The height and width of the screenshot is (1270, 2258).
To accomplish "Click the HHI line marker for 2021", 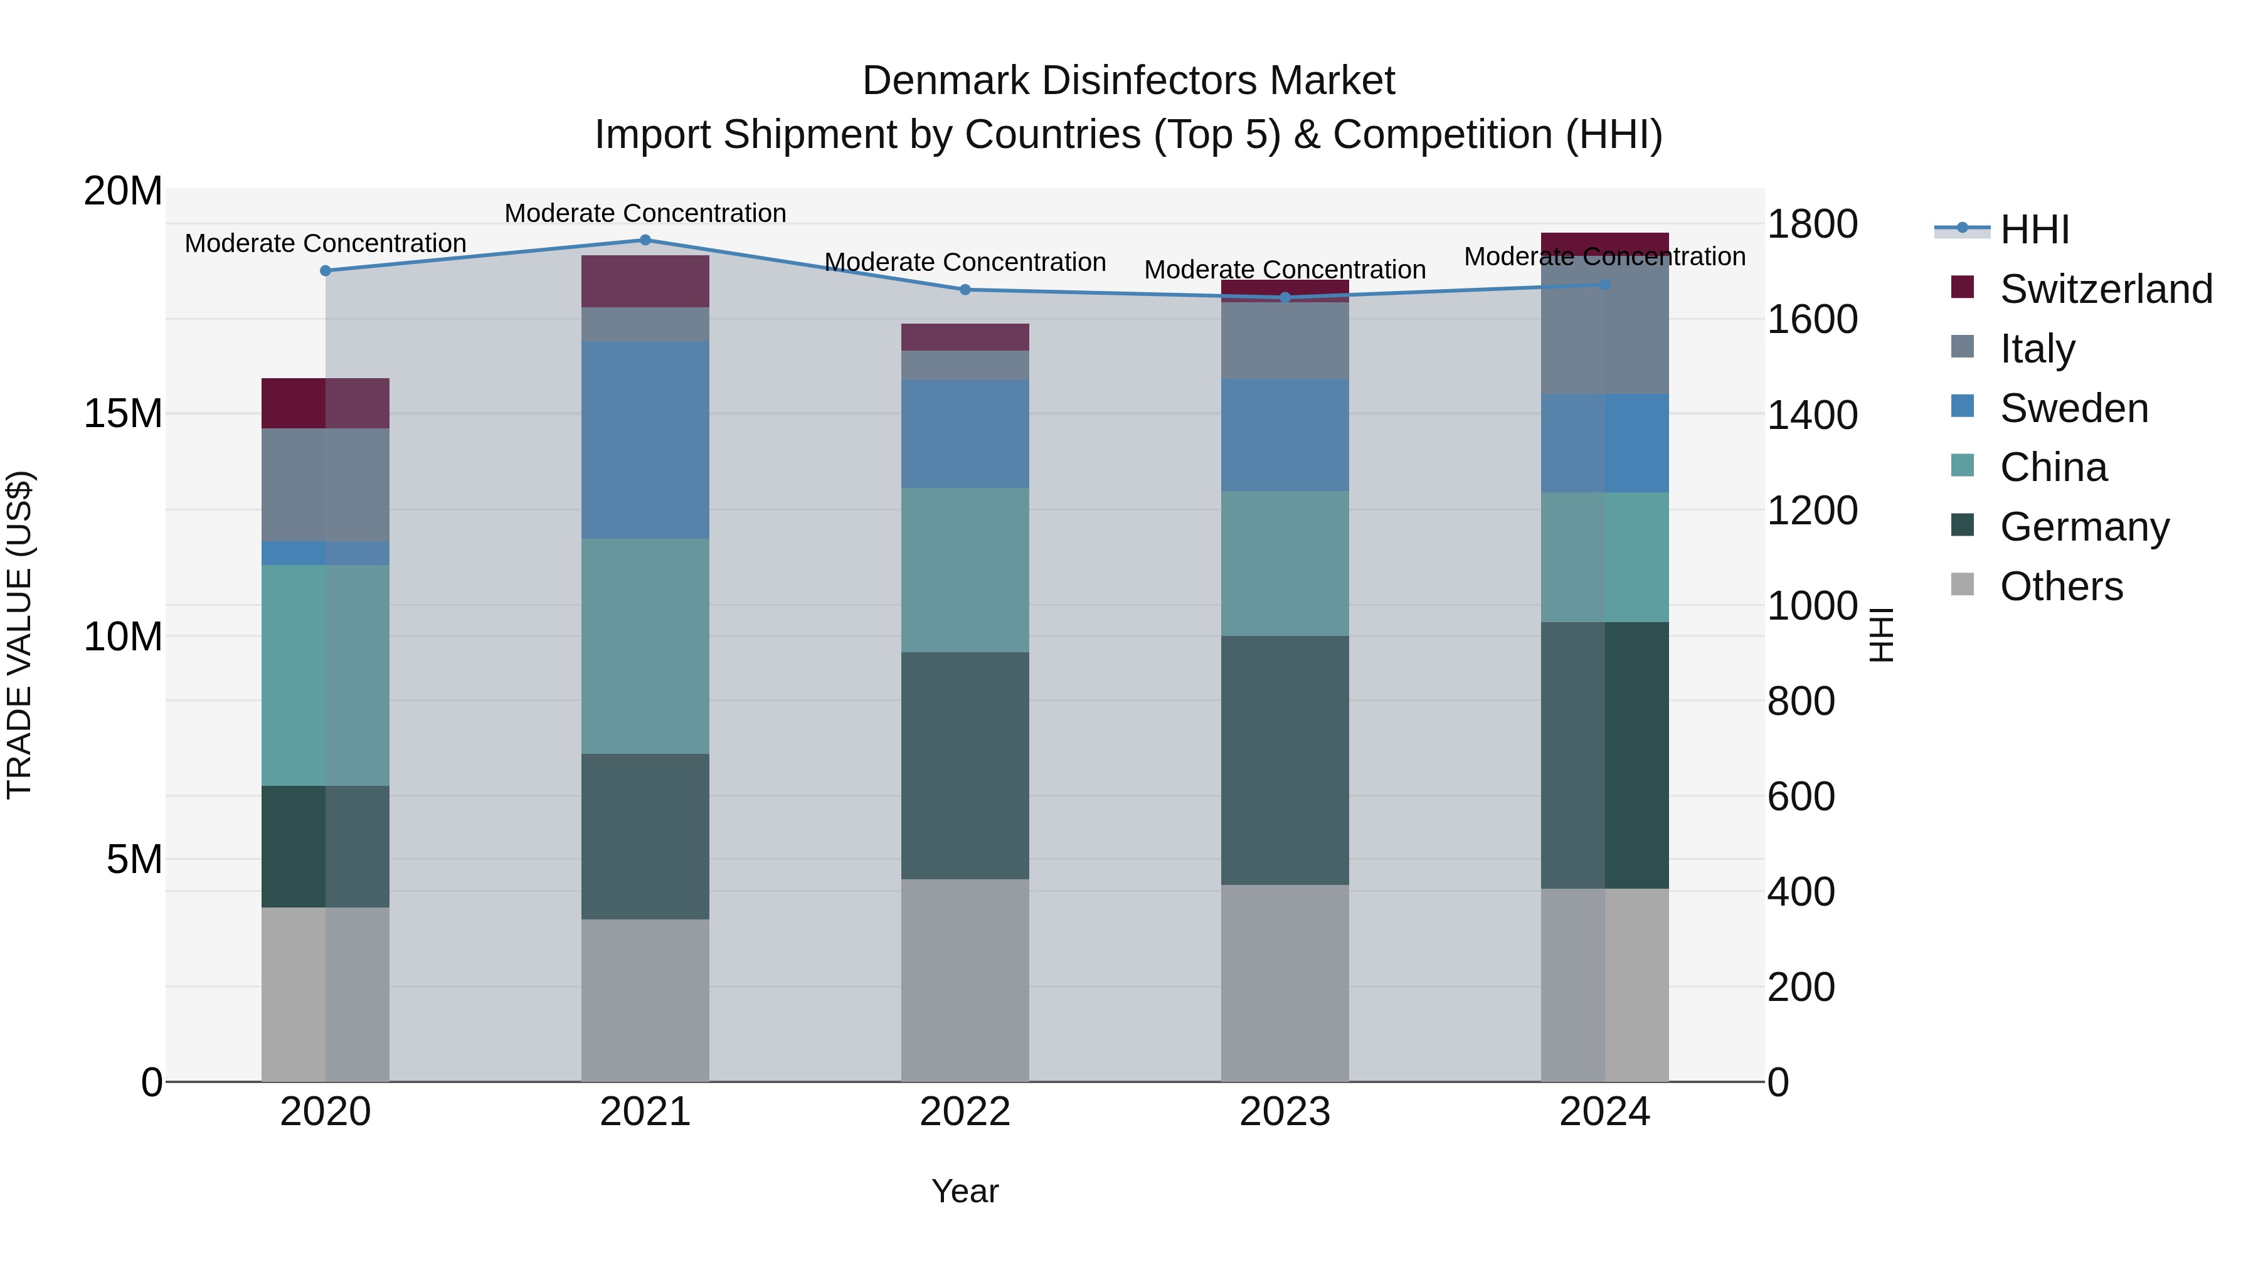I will click(x=645, y=240).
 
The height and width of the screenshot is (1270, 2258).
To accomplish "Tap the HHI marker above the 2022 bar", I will click(x=965, y=289).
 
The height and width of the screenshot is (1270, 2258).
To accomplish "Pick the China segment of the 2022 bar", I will click(x=965, y=569).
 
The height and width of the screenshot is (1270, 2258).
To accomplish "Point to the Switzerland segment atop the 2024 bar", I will click(x=1605, y=243).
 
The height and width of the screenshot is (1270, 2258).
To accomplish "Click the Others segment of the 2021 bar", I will click(x=645, y=999).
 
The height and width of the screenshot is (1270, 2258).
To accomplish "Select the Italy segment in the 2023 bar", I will click(x=1285, y=340).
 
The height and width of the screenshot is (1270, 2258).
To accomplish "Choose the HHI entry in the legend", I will click(x=2033, y=230).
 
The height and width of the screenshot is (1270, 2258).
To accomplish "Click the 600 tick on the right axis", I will click(x=1800, y=796).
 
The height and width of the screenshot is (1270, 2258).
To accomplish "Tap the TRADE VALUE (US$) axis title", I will click(x=19, y=635).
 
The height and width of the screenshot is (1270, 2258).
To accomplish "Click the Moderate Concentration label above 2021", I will click(x=645, y=213).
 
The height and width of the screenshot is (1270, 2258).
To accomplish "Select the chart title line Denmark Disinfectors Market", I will click(x=1128, y=81).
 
